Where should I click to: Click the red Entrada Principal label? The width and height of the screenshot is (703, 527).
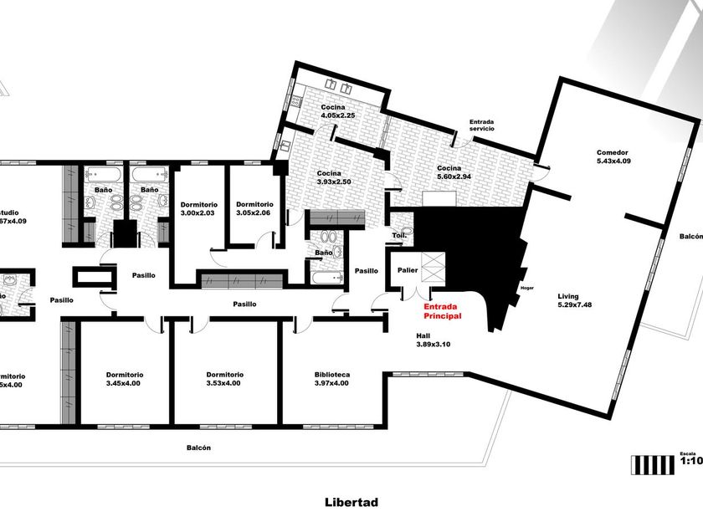click(x=442, y=311)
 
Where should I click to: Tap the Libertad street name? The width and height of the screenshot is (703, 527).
click(x=351, y=503)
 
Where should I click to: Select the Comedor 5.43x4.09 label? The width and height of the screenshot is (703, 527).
click(x=613, y=156)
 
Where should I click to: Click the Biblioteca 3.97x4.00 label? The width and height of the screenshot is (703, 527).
click(x=331, y=379)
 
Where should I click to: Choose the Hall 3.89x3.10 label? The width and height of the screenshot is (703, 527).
click(x=434, y=340)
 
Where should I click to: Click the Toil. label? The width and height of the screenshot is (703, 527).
click(x=400, y=236)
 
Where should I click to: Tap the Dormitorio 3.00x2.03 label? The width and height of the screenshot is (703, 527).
click(x=199, y=209)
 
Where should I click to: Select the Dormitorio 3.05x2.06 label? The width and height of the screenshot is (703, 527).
click(x=254, y=209)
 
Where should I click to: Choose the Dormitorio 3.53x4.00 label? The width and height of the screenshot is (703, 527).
click(x=225, y=379)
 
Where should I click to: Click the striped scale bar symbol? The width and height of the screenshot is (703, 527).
click(x=654, y=464)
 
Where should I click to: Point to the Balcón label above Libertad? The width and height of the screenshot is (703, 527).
click(x=199, y=448)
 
